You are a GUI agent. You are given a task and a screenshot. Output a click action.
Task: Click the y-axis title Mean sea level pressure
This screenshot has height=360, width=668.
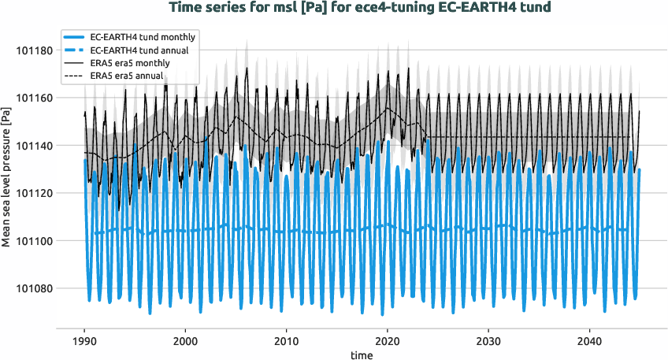[x=7, y=177]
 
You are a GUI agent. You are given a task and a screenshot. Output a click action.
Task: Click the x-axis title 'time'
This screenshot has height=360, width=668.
[x=362, y=355]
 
